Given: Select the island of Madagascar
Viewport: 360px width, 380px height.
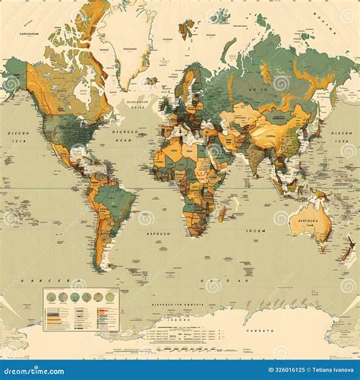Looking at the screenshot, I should (223, 214).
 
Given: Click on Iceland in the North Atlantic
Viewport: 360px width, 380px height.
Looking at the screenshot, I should (151, 80).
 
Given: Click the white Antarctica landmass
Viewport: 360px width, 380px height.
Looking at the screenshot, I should (228, 331).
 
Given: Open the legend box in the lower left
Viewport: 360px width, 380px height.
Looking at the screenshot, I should (81, 309).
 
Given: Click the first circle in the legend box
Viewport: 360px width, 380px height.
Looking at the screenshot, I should (51, 297).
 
